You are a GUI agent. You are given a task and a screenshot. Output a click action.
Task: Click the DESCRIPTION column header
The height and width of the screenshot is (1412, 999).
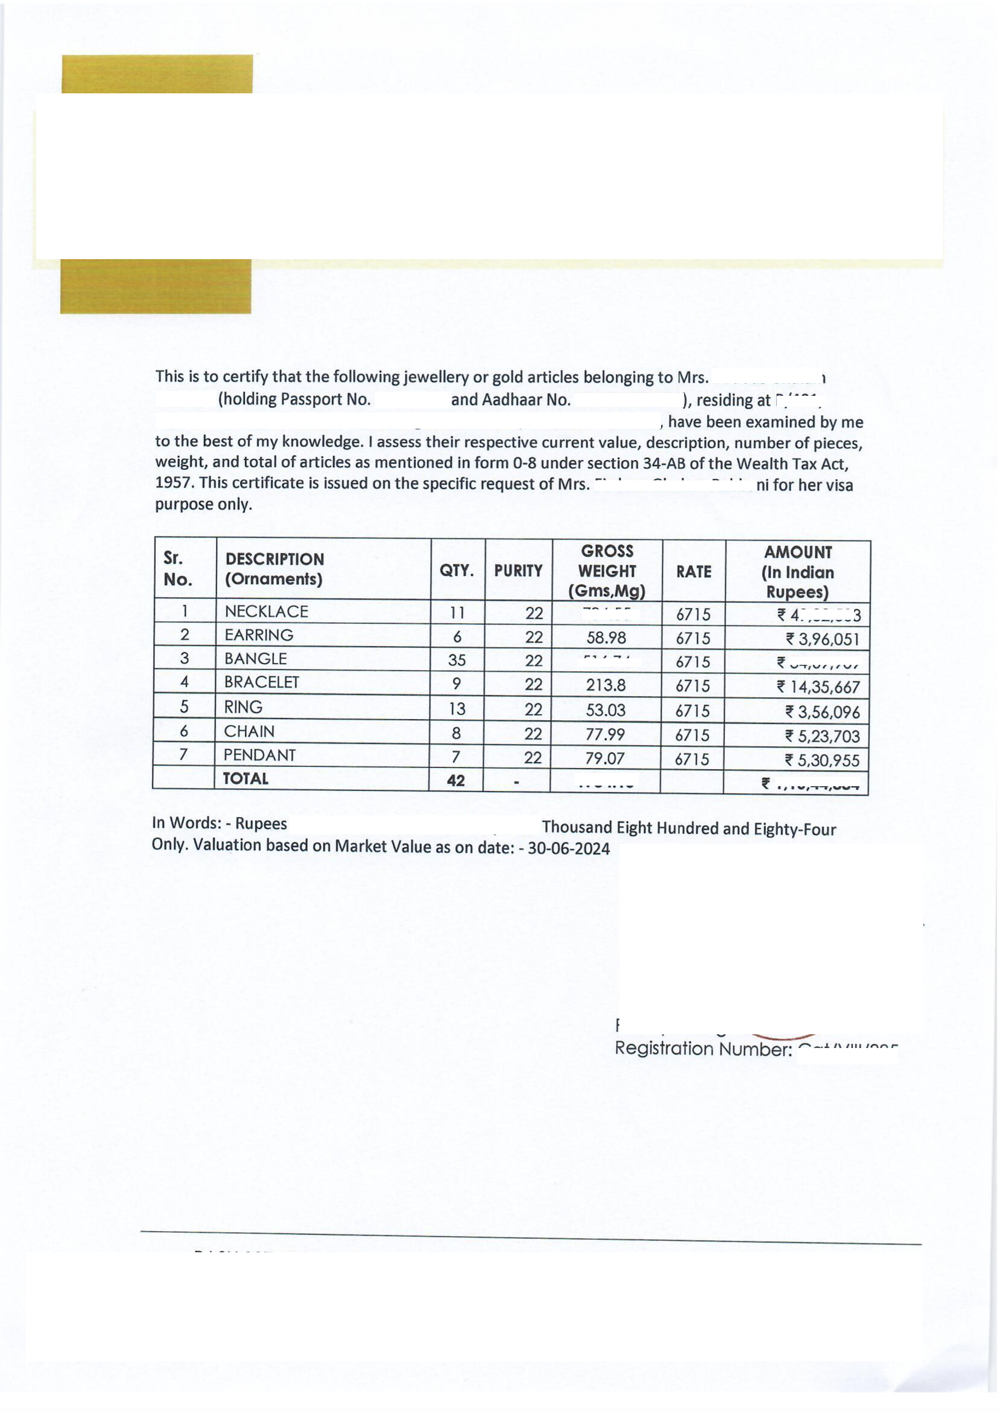(274, 569)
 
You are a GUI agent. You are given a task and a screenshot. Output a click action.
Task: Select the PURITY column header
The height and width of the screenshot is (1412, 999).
(518, 571)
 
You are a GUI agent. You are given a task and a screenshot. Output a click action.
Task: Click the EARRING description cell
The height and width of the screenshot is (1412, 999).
(259, 635)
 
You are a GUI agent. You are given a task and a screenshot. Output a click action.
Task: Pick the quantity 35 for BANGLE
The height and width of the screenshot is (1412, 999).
(456, 660)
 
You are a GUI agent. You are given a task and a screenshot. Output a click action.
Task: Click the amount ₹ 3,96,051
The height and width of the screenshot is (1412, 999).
(822, 639)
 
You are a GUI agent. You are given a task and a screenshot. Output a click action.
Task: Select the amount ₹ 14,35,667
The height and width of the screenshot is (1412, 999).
(818, 687)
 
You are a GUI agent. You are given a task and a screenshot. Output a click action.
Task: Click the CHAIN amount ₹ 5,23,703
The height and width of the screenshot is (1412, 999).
(822, 736)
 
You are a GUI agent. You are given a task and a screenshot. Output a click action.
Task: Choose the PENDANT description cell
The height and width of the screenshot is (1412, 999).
(259, 755)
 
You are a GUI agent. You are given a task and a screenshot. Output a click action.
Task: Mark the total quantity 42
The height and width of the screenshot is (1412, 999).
(456, 781)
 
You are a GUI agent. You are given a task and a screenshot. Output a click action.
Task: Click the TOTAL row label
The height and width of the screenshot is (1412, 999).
(245, 778)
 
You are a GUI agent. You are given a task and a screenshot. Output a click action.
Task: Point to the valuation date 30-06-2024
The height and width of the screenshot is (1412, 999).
(568, 849)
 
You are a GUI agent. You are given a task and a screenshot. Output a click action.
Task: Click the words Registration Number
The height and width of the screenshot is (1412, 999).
(703, 1048)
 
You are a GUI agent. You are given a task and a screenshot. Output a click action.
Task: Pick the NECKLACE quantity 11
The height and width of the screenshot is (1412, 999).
(457, 613)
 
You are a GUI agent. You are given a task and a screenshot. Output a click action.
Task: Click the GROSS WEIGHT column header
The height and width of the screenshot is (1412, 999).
(607, 570)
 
